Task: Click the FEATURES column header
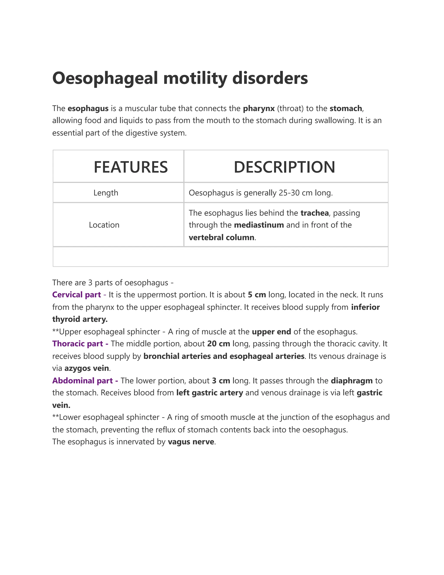131,167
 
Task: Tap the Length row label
106,193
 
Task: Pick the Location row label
104,225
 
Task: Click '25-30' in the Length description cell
289,193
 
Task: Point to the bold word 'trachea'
314,213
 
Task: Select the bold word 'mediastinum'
259,225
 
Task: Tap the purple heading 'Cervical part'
76,294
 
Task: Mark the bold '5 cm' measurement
257,294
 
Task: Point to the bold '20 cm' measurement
218,343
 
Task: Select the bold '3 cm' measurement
221,380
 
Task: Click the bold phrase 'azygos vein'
87,368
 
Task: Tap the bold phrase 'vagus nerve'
191,442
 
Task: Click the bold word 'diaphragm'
351,380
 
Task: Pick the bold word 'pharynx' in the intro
259,108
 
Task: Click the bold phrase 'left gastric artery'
209,393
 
